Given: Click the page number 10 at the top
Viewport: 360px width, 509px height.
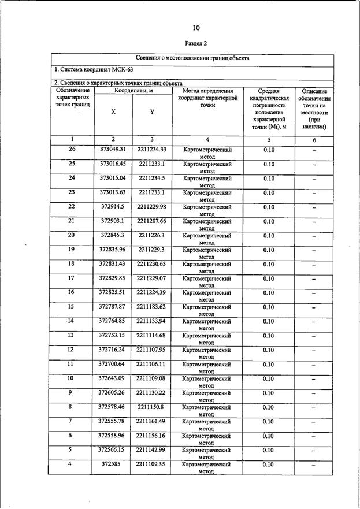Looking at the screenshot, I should pos(196,28).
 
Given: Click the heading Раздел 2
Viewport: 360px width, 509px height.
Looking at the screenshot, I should pos(196,43).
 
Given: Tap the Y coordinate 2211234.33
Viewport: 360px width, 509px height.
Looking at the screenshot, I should pos(151,150).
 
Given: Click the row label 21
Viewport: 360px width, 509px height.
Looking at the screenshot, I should pos(72,221).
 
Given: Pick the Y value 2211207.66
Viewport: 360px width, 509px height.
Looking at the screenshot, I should pos(151,221).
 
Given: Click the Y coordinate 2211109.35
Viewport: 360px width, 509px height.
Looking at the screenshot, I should pos(151,464).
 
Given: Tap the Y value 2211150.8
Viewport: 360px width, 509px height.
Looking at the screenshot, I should pos(151,407).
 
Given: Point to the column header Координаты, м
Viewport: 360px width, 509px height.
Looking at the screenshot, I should pos(133,91).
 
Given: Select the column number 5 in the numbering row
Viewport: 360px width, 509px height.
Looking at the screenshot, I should pos(269,140).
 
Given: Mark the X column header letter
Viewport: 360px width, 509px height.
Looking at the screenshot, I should pos(113,112).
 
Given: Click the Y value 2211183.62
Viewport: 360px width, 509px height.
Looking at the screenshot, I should pos(151,307).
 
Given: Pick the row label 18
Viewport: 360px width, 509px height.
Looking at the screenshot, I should pos(72,264).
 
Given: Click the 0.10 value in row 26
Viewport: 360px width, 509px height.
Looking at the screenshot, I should pos(269,150).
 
